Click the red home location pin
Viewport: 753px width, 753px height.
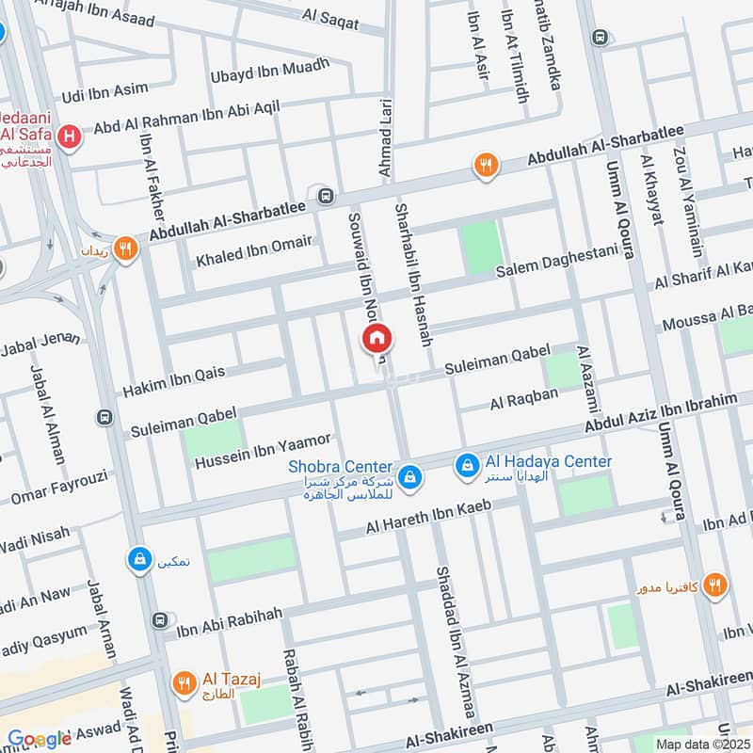point(376,338)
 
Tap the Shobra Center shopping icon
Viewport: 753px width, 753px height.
point(409,477)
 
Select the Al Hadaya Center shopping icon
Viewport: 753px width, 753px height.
point(466,464)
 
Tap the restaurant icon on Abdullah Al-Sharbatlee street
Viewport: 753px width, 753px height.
point(485,167)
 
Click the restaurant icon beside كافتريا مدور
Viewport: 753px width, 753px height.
point(715,585)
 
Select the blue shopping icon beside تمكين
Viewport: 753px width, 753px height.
point(139,560)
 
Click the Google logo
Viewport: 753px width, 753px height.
point(39,739)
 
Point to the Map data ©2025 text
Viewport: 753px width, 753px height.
point(701,744)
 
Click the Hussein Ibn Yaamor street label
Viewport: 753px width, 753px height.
point(263,451)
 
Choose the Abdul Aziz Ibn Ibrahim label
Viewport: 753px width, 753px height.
point(661,414)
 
